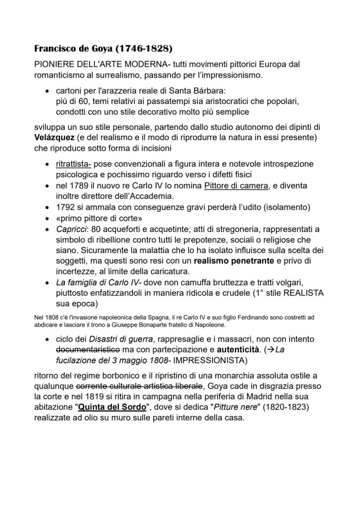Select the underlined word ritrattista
73,164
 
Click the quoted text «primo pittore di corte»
99,218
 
